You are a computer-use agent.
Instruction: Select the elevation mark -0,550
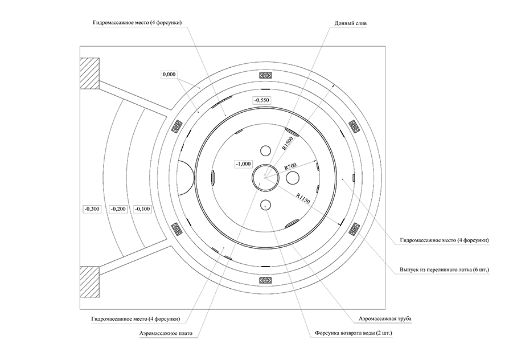262,100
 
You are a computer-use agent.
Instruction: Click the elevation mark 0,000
169,75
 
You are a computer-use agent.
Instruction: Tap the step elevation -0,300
92,209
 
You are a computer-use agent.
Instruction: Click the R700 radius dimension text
292,168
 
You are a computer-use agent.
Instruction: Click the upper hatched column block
90,73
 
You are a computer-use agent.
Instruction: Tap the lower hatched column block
90,281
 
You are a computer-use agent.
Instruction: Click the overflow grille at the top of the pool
265,75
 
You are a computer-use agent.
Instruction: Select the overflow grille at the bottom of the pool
265,280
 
